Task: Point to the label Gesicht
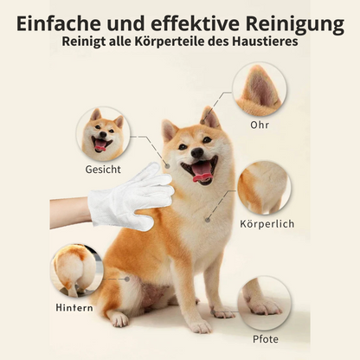[x=103, y=170]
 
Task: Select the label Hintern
[x=75, y=307]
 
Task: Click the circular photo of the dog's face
[x=104, y=134]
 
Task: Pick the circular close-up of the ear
[x=259, y=90]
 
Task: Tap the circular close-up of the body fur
[x=263, y=186]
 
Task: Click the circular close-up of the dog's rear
[x=76, y=269]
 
